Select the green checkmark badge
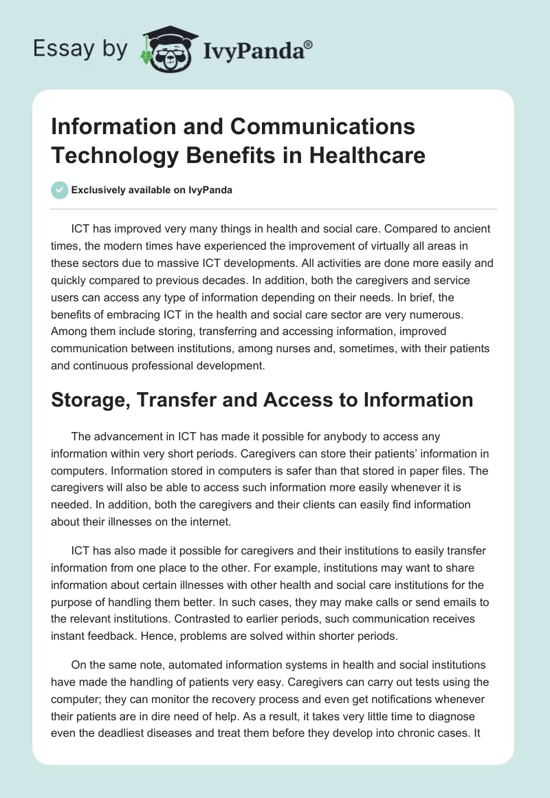[x=59, y=191]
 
